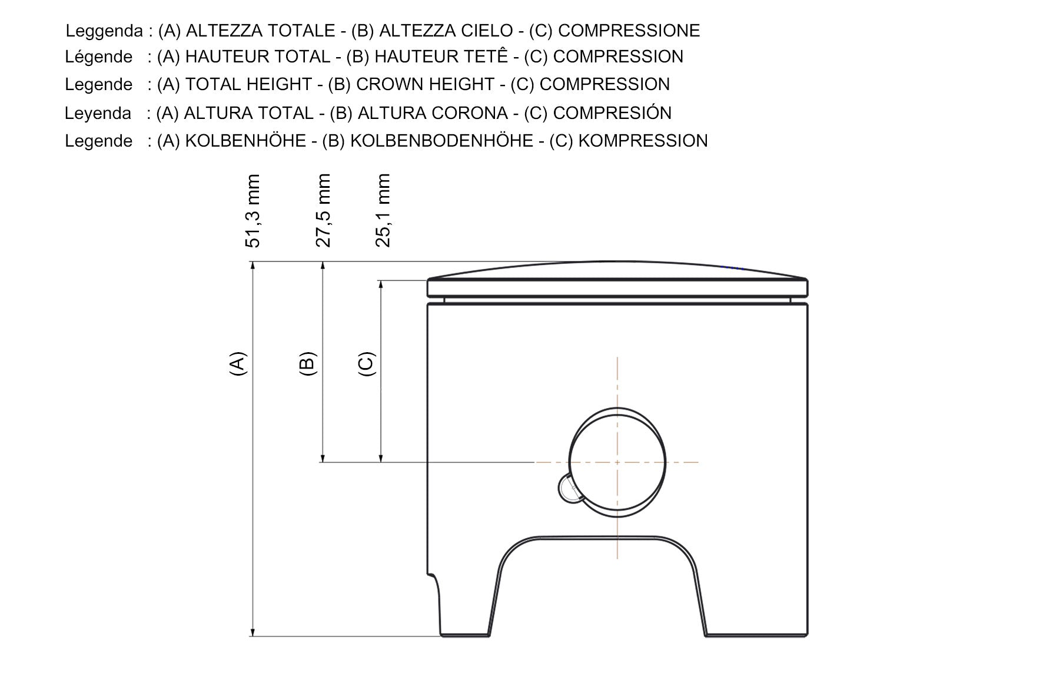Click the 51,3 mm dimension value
[x=253, y=211]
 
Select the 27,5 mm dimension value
[x=324, y=211]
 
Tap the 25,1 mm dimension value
[x=383, y=211]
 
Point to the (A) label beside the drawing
[x=237, y=364]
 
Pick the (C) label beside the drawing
[x=366, y=364]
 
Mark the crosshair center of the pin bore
[x=617, y=462]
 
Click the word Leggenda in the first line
[x=104, y=31]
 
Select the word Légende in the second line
[x=98, y=57]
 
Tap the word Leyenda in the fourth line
[x=98, y=113]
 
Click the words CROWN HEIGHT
[x=425, y=84]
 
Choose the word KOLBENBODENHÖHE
[x=441, y=141]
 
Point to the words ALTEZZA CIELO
[x=446, y=31]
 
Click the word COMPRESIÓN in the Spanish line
[x=612, y=113]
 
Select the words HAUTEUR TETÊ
[x=441, y=57]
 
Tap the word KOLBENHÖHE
[x=245, y=141]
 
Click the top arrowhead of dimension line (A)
[x=253, y=267]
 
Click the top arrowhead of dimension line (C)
[x=381, y=285]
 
